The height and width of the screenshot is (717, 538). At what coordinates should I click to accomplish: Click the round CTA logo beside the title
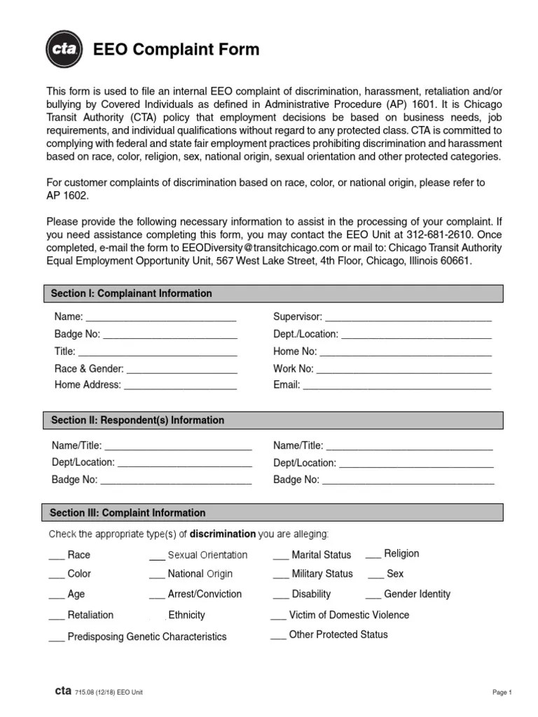(64, 49)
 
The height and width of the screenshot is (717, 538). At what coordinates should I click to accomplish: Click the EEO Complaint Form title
(177, 50)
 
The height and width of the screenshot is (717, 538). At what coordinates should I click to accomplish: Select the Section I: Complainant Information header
(131, 293)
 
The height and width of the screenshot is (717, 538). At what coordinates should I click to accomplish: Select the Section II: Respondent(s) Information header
(137, 420)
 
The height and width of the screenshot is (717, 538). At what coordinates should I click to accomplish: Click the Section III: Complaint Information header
(127, 513)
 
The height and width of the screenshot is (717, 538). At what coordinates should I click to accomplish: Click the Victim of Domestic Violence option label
(349, 615)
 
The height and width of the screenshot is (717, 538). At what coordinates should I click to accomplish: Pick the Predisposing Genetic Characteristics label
(147, 637)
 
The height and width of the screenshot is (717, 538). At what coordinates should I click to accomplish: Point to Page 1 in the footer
(502, 692)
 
